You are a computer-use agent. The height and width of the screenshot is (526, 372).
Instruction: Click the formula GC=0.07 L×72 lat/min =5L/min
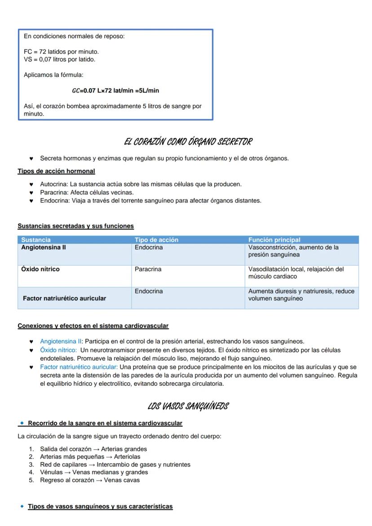(x=115, y=91)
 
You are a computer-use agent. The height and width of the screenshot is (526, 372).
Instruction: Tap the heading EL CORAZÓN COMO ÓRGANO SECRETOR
(x=188, y=142)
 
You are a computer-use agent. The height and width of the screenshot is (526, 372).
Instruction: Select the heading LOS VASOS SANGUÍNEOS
(x=188, y=407)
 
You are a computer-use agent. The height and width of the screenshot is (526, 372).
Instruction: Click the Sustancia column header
(x=36, y=240)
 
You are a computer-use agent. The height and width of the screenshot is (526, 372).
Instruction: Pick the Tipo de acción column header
(x=156, y=240)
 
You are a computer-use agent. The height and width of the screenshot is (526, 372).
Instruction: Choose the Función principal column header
(x=274, y=240)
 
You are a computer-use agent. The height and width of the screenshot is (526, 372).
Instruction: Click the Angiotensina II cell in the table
(x=44, y=248)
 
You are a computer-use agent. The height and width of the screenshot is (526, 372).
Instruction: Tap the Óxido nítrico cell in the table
(x=40, y=270)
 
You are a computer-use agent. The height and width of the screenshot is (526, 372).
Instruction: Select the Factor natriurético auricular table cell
(x=64, y=299)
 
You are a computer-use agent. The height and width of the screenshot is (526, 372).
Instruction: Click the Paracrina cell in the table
(x=148, y=270)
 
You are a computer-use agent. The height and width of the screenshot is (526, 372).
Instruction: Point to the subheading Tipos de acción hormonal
(x=56, y=171)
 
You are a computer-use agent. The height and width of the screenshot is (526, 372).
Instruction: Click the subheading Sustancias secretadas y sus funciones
(x=75, y=226)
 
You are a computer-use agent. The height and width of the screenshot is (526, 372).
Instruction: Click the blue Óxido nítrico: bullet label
(x=58, y=350)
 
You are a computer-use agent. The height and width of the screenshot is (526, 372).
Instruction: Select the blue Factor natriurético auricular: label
(x=79, y=367)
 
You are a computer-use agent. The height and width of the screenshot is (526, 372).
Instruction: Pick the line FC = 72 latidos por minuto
(x=61, y=52)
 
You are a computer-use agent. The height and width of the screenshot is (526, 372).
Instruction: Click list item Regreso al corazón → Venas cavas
(x=89, y=480)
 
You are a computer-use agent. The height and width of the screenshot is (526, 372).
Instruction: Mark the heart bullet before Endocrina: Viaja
(x=31, y=201)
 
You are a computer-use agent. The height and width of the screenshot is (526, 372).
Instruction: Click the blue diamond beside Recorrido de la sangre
(x=22, y=423)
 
